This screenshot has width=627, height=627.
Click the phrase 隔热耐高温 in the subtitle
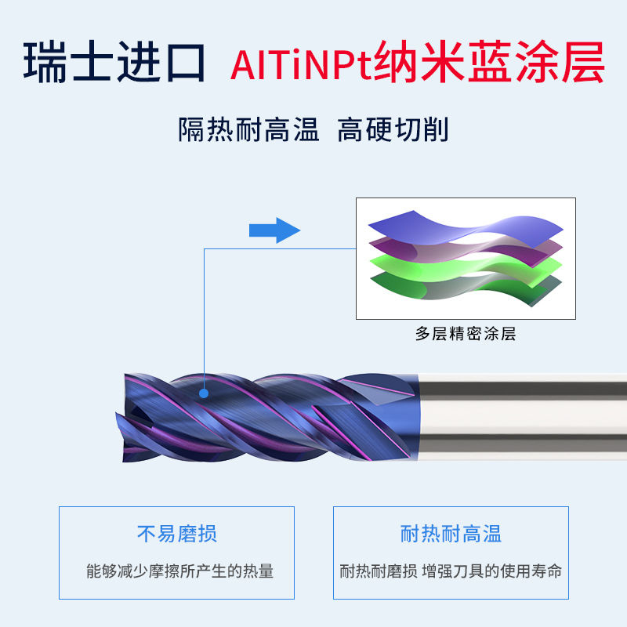pyautogui.click(x=248, y=129)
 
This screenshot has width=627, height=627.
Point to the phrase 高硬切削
pyautogui.click(x=392, y=129)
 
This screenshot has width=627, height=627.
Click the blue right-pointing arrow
pyautogui.click(x=274, y=230)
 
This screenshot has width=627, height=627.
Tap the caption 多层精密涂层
pyautogui.click(x=466, y=334)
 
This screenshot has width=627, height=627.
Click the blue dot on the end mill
pyautogui.click(x=204, y=395)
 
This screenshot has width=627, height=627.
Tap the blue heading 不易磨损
pyautogui.click(x=177, y=535)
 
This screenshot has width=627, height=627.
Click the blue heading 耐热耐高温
pyautogui.click(x=451, y=535)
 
